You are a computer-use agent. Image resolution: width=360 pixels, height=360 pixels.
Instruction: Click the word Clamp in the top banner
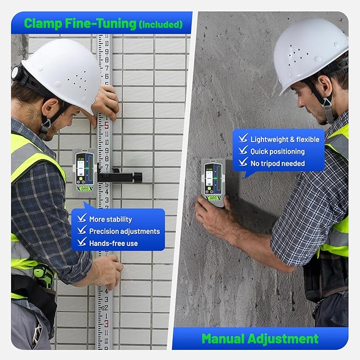(x=44, y=23)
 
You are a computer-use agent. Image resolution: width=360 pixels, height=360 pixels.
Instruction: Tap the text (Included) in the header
(x=160, y=24)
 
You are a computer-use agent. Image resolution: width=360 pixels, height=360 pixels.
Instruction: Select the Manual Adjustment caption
(x=259, y=338)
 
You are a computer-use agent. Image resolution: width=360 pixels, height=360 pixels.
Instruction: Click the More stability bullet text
(x=110, y=219)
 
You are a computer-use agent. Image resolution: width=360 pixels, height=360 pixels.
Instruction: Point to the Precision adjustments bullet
(x=124, y=231)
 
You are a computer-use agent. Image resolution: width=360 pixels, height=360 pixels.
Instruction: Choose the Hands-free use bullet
(x=113, y=243)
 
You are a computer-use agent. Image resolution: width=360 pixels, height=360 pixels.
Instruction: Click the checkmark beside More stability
(x=82, y=218)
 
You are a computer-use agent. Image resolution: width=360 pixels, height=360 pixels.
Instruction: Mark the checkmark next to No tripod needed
(x=243, y=163)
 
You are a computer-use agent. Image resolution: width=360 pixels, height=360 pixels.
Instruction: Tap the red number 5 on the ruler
(x=106, y=126)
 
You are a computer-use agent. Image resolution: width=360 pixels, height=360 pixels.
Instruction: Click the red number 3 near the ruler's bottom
(x=106, y=323)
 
